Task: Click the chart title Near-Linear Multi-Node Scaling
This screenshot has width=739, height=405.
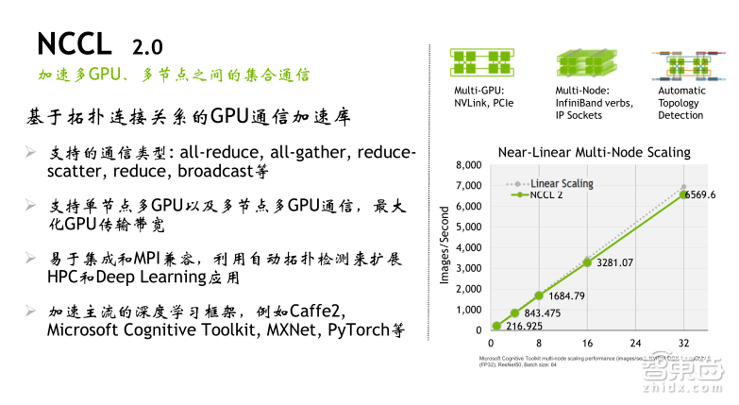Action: coord(594,151)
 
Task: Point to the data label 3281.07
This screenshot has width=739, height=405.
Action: coord(613,262)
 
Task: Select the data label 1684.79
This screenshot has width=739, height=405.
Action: coord(567,295)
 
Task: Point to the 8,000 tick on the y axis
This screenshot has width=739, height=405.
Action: coord(469,165)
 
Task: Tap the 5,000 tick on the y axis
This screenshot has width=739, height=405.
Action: coord(469,228)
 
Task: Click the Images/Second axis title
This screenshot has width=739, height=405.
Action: coord(445,248)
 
